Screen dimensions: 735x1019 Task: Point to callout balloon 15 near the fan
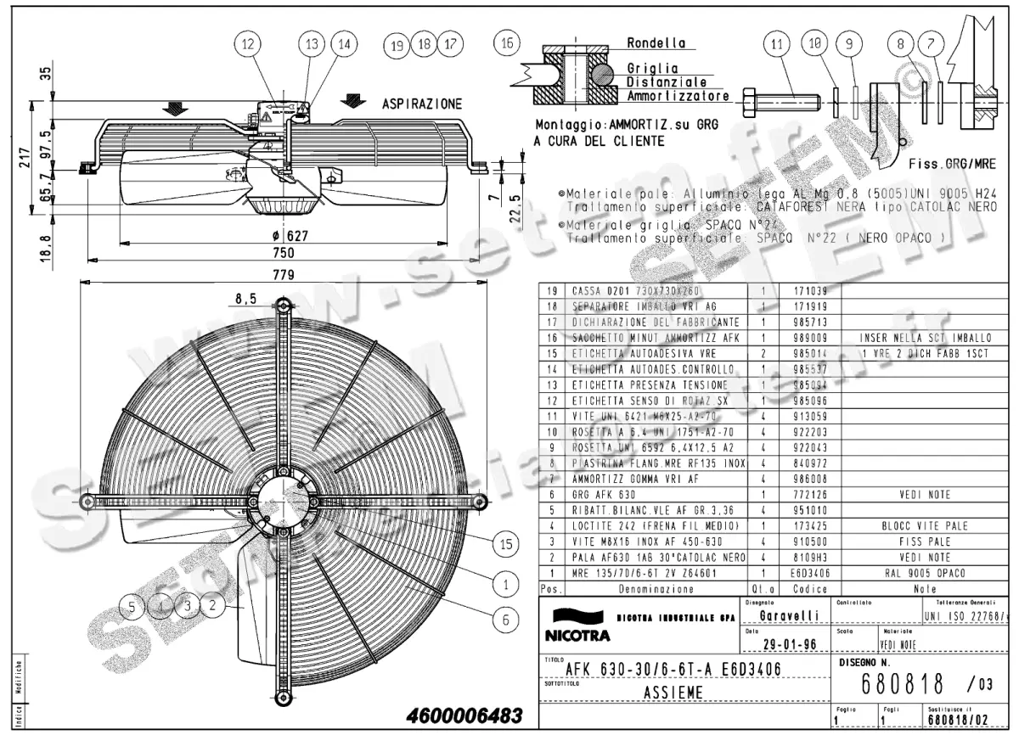click(x=507, y=543)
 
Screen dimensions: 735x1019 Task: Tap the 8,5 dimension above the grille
click(x=245, y=298)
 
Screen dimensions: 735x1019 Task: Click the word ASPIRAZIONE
click(x=422, y=104)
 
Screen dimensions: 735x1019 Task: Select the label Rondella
click(x=656, y=42)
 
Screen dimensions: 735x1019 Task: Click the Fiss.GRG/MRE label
click(x=951, y=163)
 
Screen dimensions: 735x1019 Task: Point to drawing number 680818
click(x=903, y=683)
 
